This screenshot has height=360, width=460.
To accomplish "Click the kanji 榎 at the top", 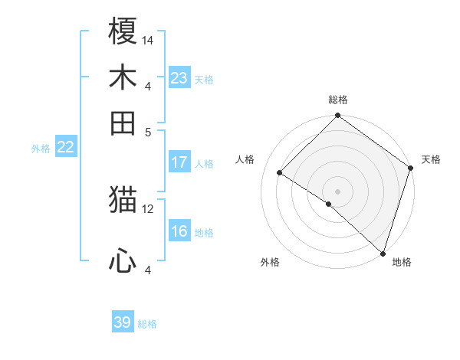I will point(123,31).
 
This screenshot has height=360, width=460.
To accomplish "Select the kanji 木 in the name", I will point(123,78).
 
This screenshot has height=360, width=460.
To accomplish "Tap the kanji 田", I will point(123,123).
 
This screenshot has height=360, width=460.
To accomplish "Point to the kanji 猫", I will point(123,201).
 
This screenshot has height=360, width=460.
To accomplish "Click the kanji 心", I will point(123,261).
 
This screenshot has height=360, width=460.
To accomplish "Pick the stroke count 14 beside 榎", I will point(148,39).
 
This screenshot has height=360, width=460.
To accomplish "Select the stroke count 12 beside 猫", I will point(148,208).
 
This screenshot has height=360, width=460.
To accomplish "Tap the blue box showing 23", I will point(179,78).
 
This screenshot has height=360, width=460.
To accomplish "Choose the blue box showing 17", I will point(179,162).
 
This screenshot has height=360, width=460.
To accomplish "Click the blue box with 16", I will point(179,232).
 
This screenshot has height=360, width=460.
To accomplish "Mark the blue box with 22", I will point(65,148).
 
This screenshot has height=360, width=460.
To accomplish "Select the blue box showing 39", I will point(123,322).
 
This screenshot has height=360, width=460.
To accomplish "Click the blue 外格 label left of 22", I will point(41,149).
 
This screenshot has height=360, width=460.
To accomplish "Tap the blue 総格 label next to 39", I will point(147,324).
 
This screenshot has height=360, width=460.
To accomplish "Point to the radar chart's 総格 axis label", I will point(337,100).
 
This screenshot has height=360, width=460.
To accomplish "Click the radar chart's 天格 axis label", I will point(431,159).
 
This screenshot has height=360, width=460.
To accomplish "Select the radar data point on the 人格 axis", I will point(280,173).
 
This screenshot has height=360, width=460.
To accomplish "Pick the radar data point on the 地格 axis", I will point(383,252).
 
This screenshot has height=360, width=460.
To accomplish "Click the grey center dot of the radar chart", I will point(337,191).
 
